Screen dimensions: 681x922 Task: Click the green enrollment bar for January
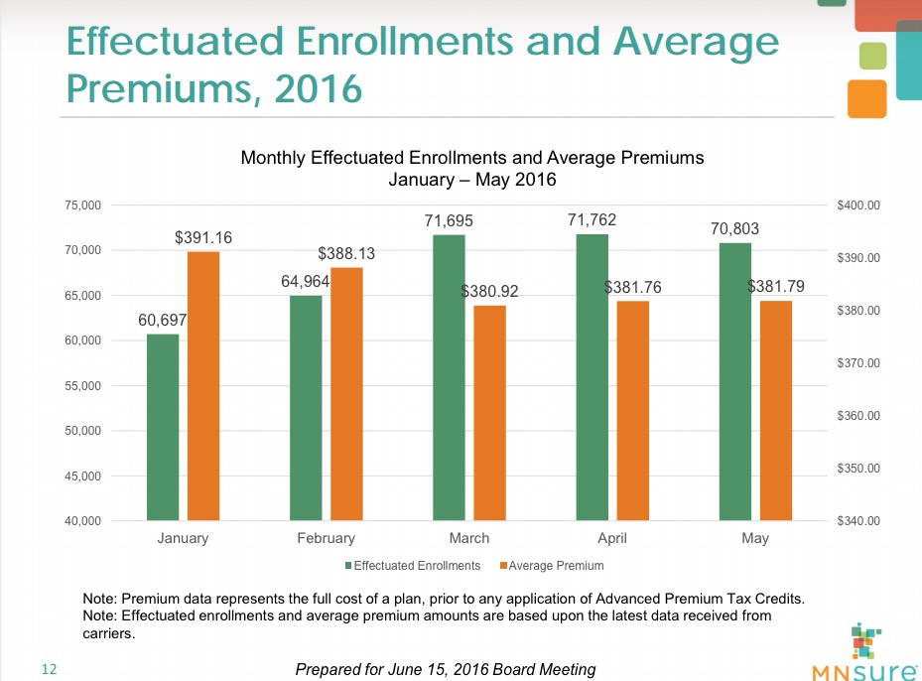point(163,427)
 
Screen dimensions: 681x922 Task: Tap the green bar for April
point(593,376)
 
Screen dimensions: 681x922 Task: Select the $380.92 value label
point(490,292)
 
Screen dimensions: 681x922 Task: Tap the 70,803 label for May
point(734,229)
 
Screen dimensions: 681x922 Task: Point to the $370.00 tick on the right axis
point(858,363)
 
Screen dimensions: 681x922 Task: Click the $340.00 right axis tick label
point(858,520)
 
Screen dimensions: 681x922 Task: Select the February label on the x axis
point(326,539)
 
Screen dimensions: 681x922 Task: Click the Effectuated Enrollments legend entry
point(412,566)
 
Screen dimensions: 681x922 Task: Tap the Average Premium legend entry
point(552,566)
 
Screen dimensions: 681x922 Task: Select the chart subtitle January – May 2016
point(472,181)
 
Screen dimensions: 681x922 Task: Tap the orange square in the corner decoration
point(866,99)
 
